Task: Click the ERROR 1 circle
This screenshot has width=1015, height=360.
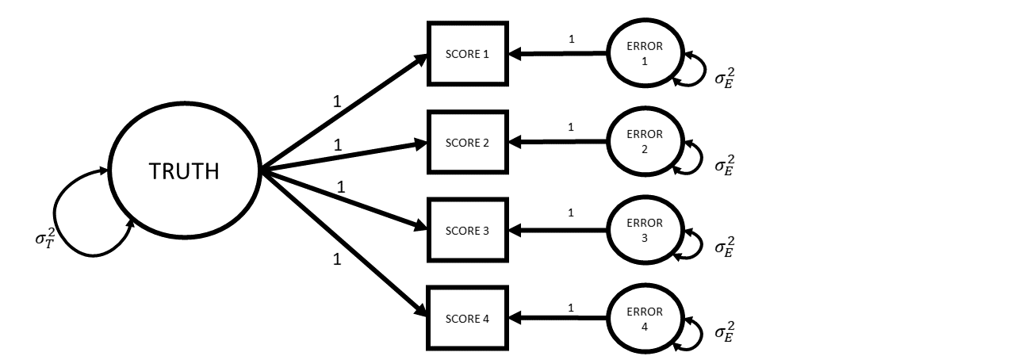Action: tap(644, 55)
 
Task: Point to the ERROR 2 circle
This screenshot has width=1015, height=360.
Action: tap(644, 143)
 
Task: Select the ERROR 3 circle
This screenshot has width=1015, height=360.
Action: tap(644, 231)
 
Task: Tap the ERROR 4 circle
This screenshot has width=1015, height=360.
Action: tap(644, 319)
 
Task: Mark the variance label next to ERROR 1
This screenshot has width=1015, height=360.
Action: tap(725, 78)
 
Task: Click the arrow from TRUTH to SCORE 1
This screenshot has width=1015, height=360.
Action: tap(341, 113)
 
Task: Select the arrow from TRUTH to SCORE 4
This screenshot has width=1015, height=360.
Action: tap(341, 243)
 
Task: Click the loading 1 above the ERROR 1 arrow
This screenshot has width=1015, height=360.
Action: tap(571, 39)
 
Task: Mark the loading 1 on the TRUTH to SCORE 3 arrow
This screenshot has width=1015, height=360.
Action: tap(341, 188)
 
